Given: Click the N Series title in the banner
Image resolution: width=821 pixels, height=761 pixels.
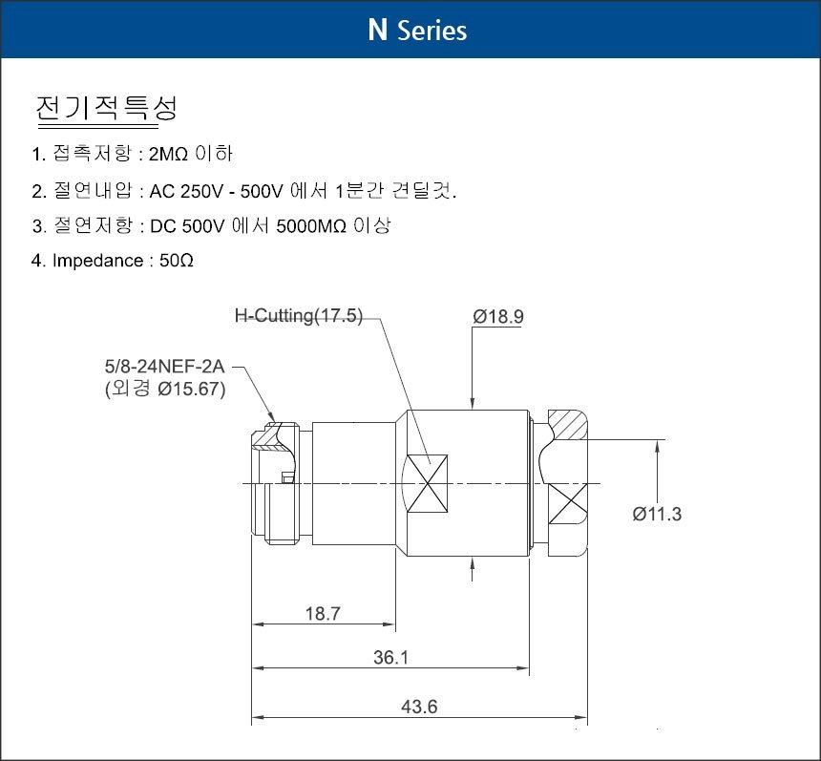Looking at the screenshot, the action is click(x=417, y=30).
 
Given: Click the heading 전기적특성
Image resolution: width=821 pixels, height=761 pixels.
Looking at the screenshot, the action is click(x=106, y=108).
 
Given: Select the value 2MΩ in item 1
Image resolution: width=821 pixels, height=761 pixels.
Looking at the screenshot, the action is click(x=168, y=155).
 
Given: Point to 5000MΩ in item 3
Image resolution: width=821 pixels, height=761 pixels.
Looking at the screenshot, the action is click(x=311, y=225).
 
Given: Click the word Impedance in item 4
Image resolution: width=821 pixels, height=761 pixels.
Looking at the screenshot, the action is click(x=98, y=261).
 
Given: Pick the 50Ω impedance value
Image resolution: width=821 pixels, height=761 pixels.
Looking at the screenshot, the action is click(x=177, y=261).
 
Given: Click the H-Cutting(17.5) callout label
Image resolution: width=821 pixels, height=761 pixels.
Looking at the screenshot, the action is click(x=299, y=315).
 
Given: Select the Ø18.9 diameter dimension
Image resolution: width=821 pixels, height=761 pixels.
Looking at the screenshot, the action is click(x=498, y=316).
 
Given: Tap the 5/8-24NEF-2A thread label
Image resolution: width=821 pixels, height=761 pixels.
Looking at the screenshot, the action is click(x=164, y=367).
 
